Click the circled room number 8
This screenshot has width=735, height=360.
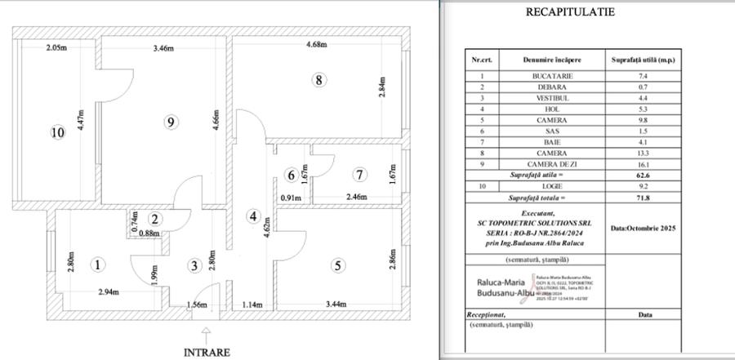coord(318,79)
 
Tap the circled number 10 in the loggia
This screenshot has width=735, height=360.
coord(56,134)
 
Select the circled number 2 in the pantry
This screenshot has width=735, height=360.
coord(155,219)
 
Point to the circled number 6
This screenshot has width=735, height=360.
coord(290,175)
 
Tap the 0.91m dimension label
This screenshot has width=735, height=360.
coord(292,198)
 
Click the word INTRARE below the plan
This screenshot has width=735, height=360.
coord(207,353)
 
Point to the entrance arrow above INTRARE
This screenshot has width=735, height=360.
coord(207,333)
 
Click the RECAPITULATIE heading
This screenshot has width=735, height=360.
coord(582,12)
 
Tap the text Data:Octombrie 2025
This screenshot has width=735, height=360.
coord(645,229)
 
